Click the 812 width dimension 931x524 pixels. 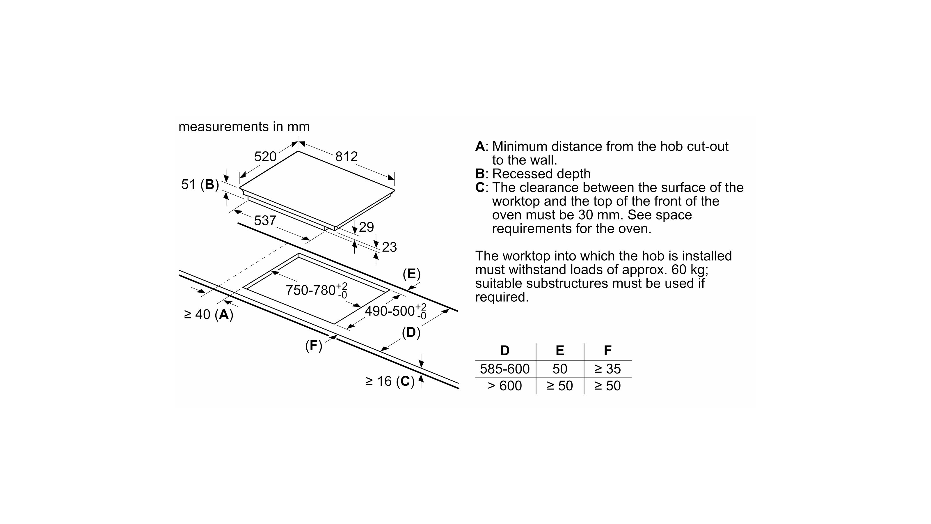(x=346, y=157)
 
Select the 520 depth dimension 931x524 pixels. (x=265, y=157)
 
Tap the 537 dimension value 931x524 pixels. (x=265, y=220)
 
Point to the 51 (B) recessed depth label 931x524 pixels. (x=200, y=185)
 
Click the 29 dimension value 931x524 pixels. (x=366, y=227)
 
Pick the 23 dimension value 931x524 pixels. (x=389, y=247)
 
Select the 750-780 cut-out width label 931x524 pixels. (x=316, y=290)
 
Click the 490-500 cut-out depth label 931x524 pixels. (x=395, y=311)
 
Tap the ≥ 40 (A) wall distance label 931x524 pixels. (x=209, y=315)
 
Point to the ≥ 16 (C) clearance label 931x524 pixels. (x=390, y=381)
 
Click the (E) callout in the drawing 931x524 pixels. (x=412, y=274)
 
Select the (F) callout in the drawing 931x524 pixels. (x=313, y=346)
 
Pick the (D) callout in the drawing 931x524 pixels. (x=411, y=332)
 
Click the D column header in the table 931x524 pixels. (x=504, y=350)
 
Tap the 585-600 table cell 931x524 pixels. (x=504, y=369)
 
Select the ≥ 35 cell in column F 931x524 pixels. (x=607, y=369)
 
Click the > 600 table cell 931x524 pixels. (x=504, y=386)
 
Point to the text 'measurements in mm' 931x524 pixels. (x=244, y=127)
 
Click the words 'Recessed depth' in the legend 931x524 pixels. (x=541, y=174)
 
